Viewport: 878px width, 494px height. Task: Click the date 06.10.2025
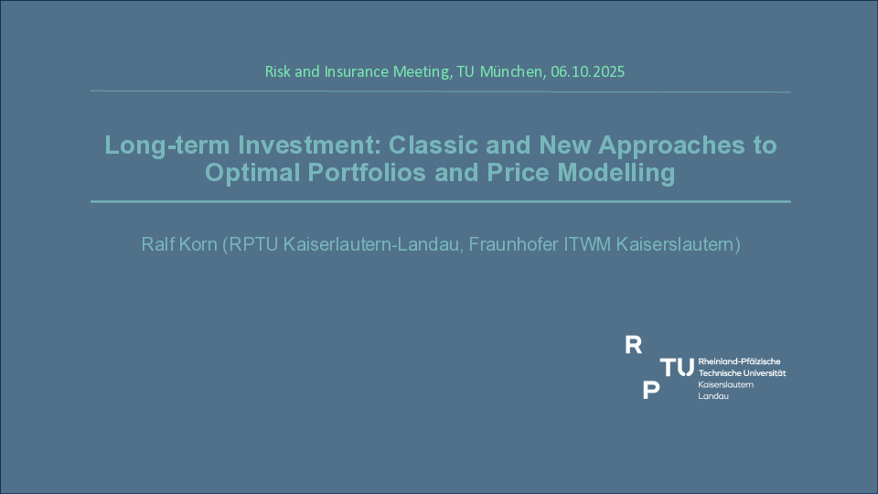tap(587, 71)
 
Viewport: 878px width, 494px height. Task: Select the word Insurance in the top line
tap(357, 71)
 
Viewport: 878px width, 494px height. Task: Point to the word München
tap(510, 71)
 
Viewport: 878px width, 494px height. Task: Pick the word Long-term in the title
tap(167, 145)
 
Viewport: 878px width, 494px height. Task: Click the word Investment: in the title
tap(310, 145)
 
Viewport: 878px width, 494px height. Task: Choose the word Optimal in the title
tap(252, 173)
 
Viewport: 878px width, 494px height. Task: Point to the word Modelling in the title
tap(616, 173)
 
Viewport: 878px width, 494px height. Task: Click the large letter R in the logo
tap(633, 345)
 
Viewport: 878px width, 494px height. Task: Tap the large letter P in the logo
tap(650, 390)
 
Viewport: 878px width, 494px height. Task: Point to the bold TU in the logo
tap(677, 368)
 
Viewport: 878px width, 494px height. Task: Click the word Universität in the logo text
tap(764, 373)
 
